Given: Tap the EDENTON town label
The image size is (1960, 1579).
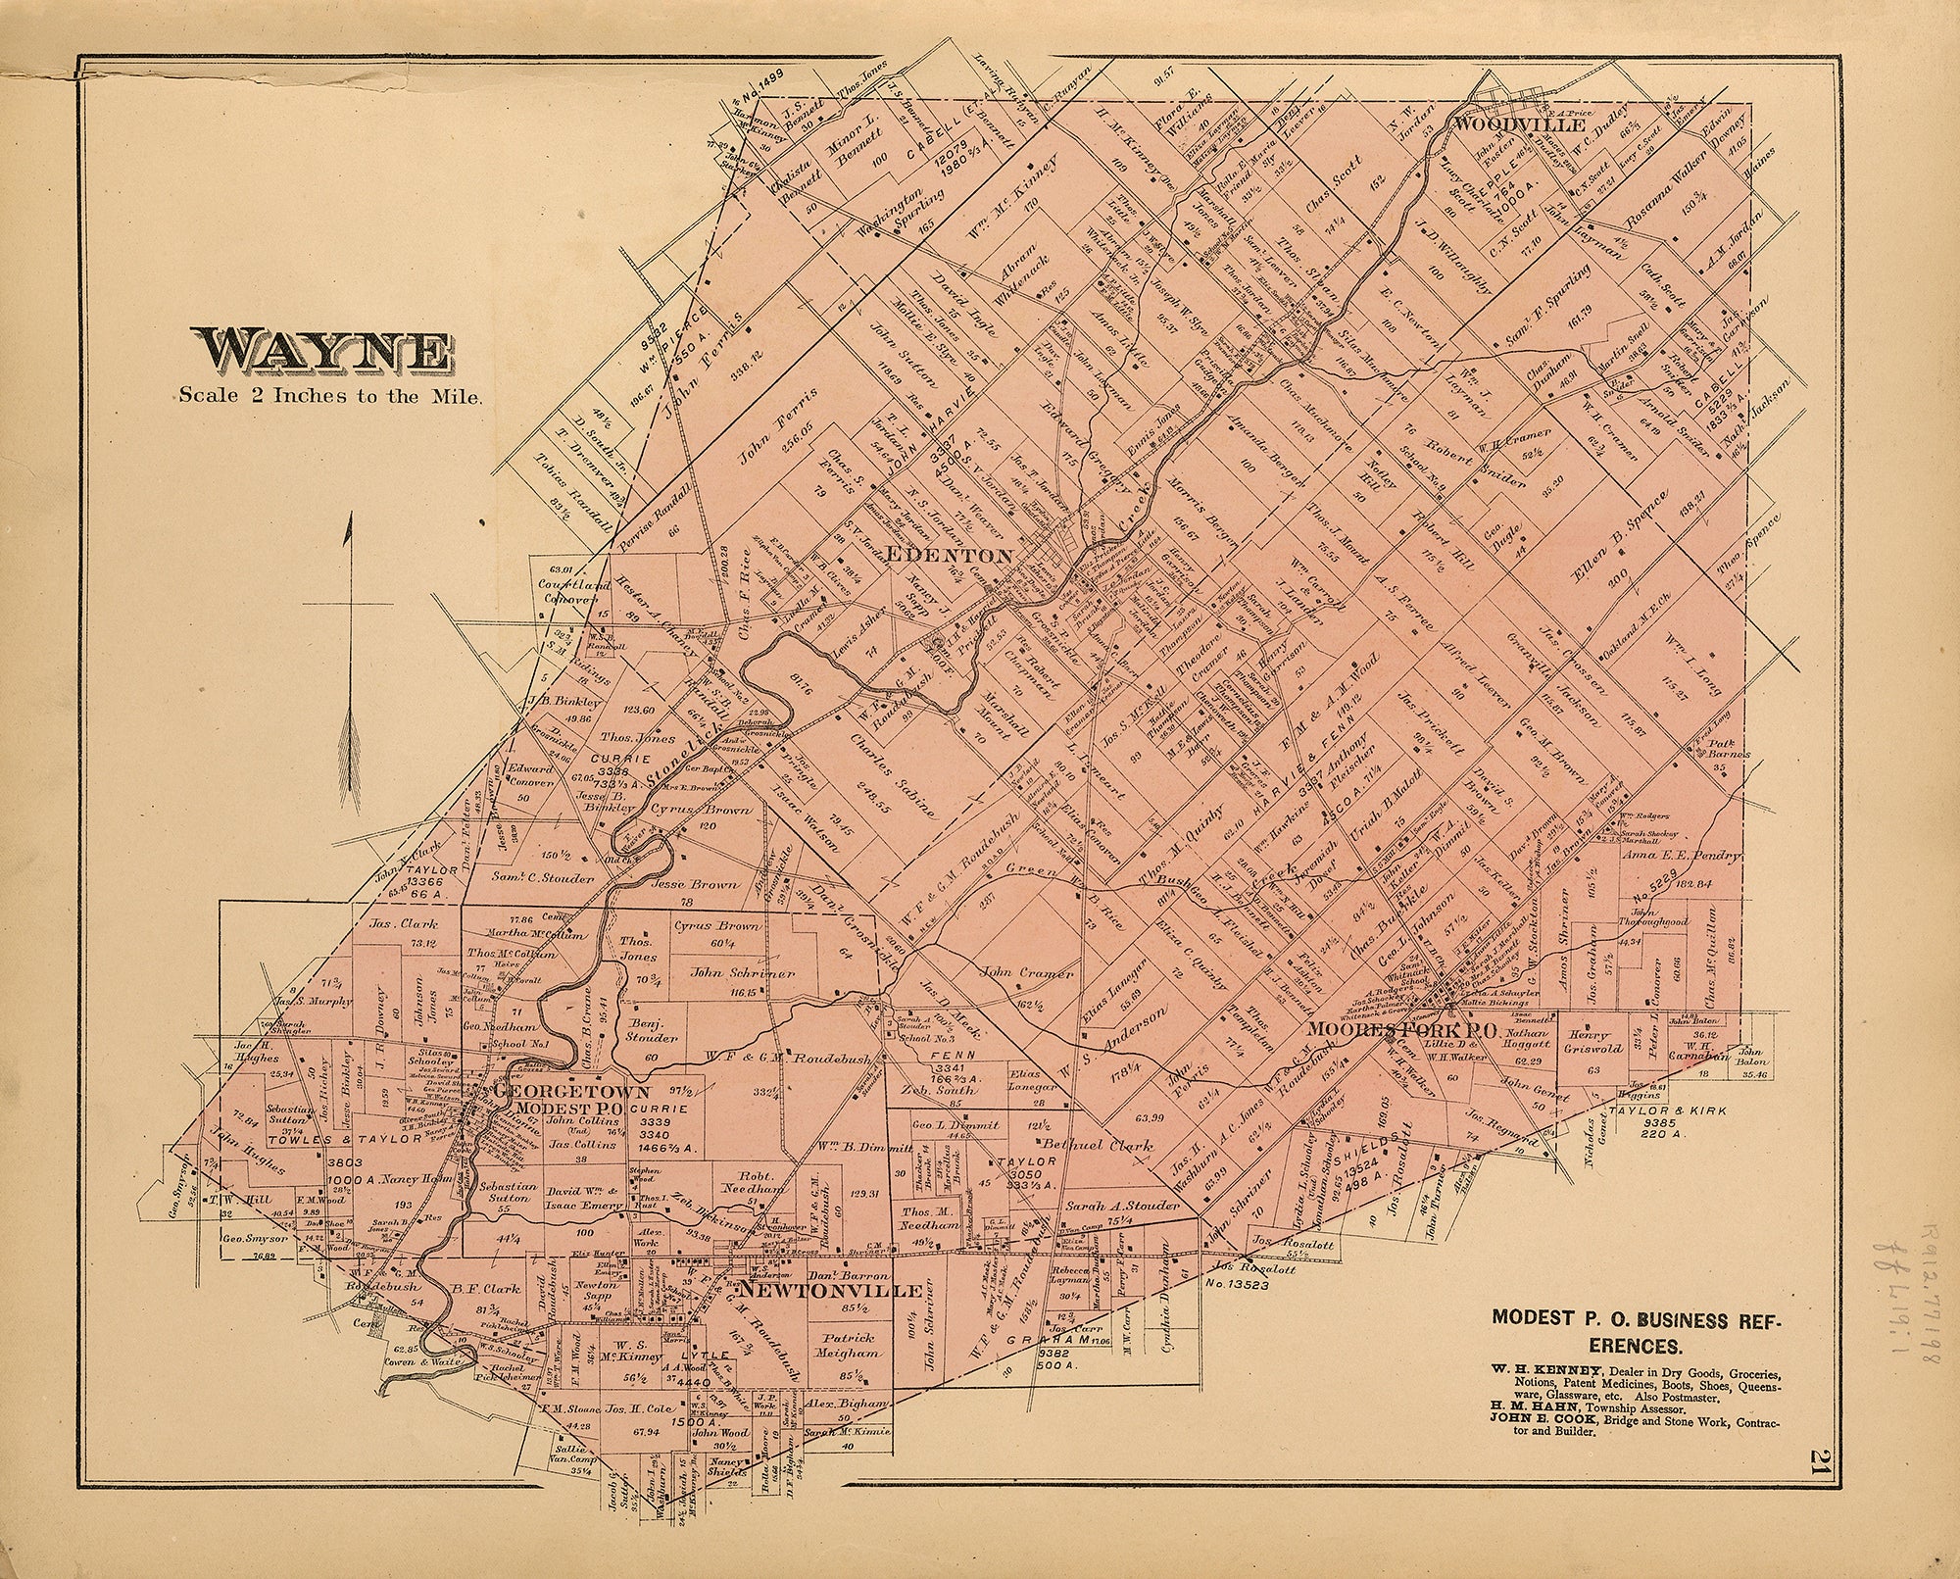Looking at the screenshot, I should [948, 556].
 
